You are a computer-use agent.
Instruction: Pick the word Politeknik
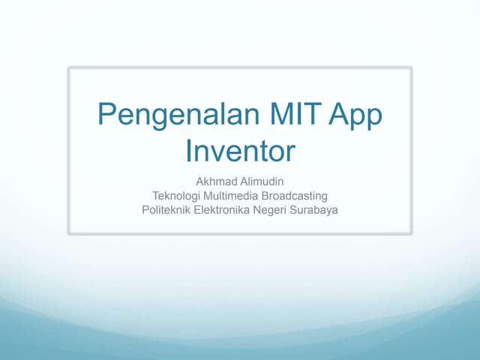(x=166, y=210)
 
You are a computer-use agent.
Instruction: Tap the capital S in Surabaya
(x=298, y=210)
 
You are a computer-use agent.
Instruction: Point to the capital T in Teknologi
(x=155, y=196)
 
